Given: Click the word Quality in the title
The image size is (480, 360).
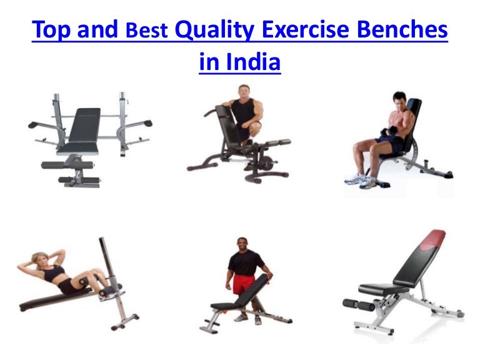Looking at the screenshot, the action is [214, 30].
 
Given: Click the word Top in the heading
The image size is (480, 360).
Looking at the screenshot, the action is [51, 30].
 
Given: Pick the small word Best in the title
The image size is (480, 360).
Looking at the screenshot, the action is [147, 30].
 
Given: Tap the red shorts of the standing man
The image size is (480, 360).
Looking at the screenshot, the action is [244, 284].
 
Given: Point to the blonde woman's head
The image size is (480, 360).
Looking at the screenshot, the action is [40, 260].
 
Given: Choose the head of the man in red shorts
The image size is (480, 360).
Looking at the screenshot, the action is [242, 244].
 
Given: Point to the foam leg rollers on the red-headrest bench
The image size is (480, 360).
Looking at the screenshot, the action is [359, 304].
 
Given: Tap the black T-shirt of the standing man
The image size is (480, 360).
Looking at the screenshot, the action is [245, 262].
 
